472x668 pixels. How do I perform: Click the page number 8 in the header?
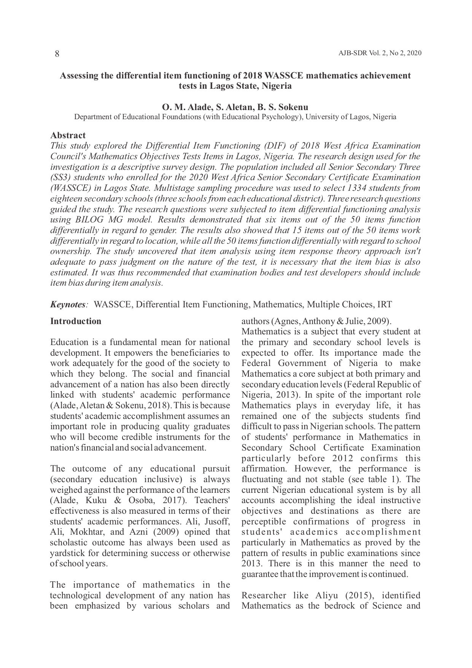pos(57,54)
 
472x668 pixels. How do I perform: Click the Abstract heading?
pos(68,135)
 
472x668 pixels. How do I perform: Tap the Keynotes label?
pos(68,305)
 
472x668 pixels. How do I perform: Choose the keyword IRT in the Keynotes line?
pos(384,305)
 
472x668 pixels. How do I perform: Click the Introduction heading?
pos(76,321)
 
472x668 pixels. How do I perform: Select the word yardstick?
pos(67,553)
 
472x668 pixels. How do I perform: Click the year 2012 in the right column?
pos(343,458)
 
